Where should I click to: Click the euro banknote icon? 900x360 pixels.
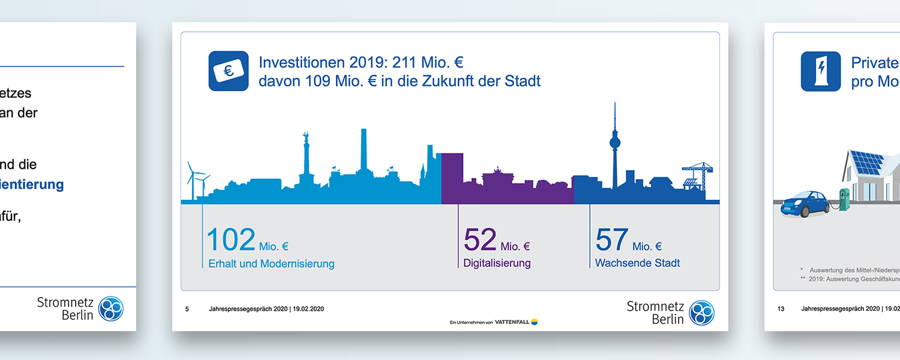[x=229, y=71]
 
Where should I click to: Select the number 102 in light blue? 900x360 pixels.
[x=231, y=240]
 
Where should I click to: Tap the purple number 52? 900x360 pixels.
[x=480, y=240]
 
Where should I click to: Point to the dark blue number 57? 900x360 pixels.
[x=611, y=240]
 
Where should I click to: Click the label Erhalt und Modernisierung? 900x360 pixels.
[x=271, y=263]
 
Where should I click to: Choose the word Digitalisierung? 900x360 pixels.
[x=497, y=263]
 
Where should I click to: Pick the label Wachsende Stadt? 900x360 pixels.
[x=637, y=263]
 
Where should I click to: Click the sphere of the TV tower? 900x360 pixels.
[x=615, y=143]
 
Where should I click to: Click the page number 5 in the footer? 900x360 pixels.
[x=187, y=309]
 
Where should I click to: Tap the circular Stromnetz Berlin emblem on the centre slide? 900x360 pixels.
[x=701, y=313]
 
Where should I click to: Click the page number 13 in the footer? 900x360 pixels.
[x=781, y=309]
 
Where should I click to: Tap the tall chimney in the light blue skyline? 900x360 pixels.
[x=364, y=150]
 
